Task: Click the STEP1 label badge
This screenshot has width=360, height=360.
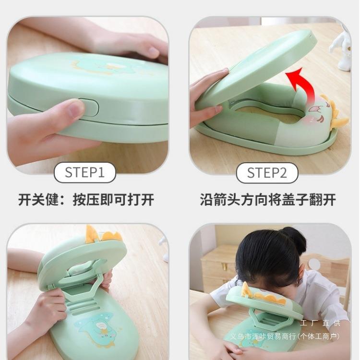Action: click(x=84, y=172)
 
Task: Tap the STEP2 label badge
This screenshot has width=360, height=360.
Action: click(x=267, y=173)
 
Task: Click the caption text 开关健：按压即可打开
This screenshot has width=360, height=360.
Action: click(x=86, y=199)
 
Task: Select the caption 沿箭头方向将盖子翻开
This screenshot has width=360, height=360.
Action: click(x=268, y=199)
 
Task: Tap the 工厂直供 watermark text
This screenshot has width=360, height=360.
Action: click(x=320, y=323)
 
